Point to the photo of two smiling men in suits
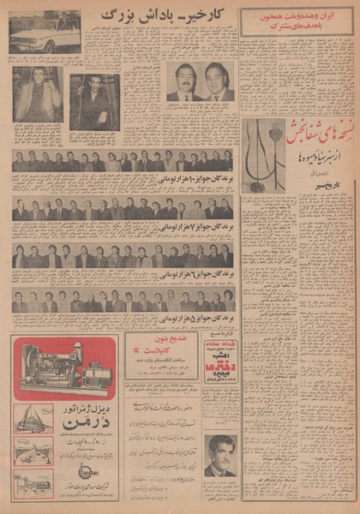coord(200,82)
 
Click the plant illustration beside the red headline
coord(263,155)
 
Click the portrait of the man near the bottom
coord(221,456)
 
